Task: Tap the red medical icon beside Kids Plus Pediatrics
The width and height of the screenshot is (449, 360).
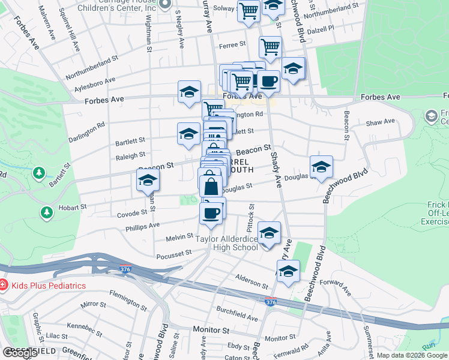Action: pyautogui.click(x=4, y=286)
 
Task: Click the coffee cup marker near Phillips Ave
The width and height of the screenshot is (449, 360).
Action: pyautogui.click(x=211, y=213)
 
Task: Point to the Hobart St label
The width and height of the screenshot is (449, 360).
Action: pyautogui.click(x=73, y=207)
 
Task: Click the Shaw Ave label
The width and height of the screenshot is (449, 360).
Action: pyautogui.click(x=381, y=122)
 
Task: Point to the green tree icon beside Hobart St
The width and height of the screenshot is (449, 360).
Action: pyautogui.click(x=46, y=212)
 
